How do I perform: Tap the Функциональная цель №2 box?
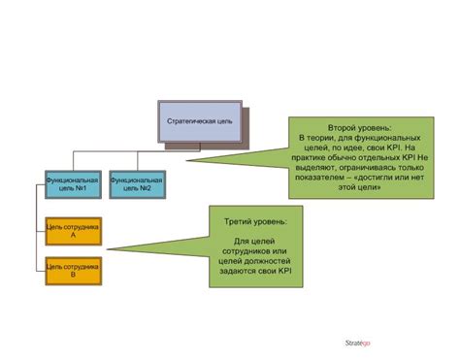[x=136, y=183]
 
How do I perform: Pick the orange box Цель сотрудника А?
[x=73, y=229]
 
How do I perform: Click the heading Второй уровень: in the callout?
[x=359, y=127]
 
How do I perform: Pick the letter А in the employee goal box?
[x=73, y=235]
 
